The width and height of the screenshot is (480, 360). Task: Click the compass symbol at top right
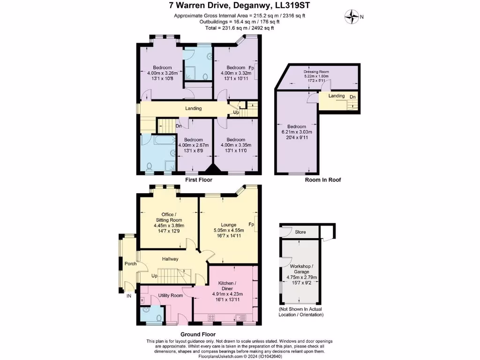click(x=351, y=17)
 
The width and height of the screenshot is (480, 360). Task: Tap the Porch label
click(x=130, y=264)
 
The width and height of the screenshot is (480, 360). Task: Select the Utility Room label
click(x=170, y=295)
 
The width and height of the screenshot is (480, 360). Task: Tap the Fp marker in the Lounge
click(x=251, y=225)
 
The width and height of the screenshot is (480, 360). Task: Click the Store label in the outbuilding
click(x=300, y=232)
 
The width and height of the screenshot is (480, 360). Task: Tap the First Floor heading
click(x=199, y=180)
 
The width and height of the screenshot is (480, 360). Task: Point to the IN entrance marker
click(x=128, y=296)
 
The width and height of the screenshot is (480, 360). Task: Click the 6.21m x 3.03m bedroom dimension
click(x=297, y=132)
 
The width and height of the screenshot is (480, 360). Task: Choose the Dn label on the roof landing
click(x=352, y=97)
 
